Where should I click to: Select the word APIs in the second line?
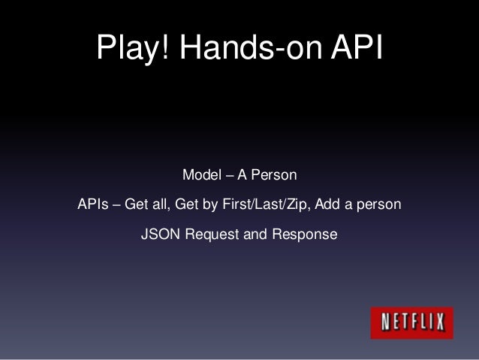pos(92,205)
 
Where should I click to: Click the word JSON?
pos(157,235)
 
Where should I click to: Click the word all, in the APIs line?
pos(161,205)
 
